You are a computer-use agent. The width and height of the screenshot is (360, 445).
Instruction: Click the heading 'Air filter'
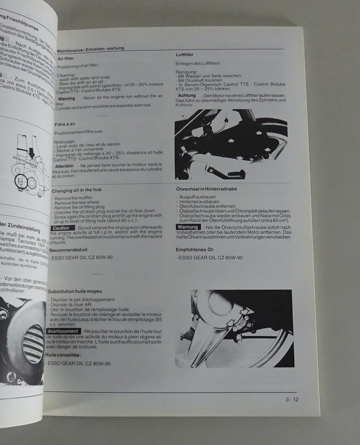[x=65, y=58]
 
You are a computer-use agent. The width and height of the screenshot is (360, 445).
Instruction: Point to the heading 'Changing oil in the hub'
[x=77, y=190]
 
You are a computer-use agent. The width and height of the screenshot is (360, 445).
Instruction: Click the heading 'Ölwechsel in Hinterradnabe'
[x=208, y=190]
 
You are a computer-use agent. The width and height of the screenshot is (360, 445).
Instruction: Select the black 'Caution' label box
[x=62, y=229]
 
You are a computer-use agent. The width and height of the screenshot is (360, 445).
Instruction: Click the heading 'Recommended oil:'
[x=69, y=249]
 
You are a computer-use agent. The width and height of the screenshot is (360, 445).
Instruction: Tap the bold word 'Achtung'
[x=187, y=95]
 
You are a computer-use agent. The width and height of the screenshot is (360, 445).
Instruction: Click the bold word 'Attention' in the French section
[x=64, y=166]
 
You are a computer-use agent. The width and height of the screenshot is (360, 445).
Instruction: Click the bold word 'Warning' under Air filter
[x=67, y=98]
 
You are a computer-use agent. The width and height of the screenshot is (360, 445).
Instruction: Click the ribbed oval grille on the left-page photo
[x=32, y=344]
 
